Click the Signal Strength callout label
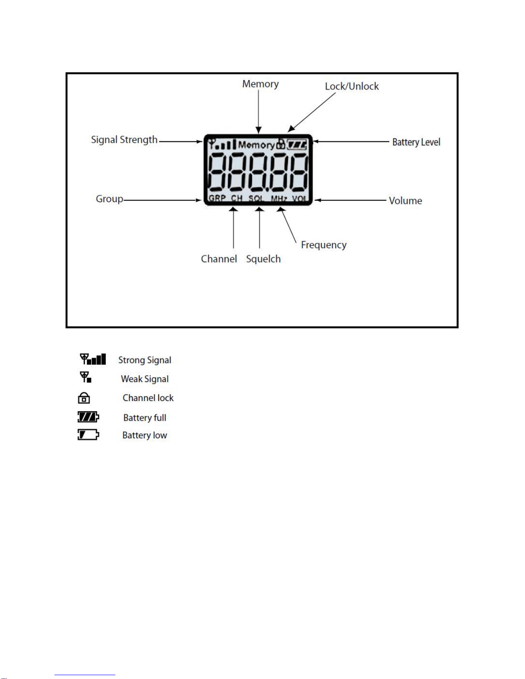pyautogui.click(x=124, y=140)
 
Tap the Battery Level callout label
pyautogui.click(x=416, y=142)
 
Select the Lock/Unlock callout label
pyautogui.click(x=351, y=87)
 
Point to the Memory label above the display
pyautogui.click(x=260, y=84)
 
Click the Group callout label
pyautogui.click(x=109, y=199)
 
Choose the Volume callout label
pyautogui.click(x=405, y=201)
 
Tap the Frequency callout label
pyautogui.click(x=324, y=245)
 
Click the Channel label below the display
pyautogui.click(x=219, y=259)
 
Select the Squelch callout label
pyautogui.click(x=263, y=259)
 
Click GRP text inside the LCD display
pyautogui.click(x=217, y=198)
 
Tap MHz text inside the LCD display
pyautogui.click(x=279, y=199)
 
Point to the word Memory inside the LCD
pyautogui.click(x=256, y=145)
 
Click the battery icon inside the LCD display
pyautogui.click(x=297, y=145)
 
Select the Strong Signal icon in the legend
pyautogui.click(x=93, y=359)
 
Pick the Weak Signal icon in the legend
pyautogui.click(x=86, y=377)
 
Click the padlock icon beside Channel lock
pyautogui.click(x=84, y=398)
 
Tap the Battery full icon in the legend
pyautogui.click(x=88, y=417)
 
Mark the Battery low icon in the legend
pyautogui.click(x=88, y=435)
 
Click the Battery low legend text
pyautogui.click(x=144, y=436)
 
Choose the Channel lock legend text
pyautogui.click(x=148, y=398)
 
